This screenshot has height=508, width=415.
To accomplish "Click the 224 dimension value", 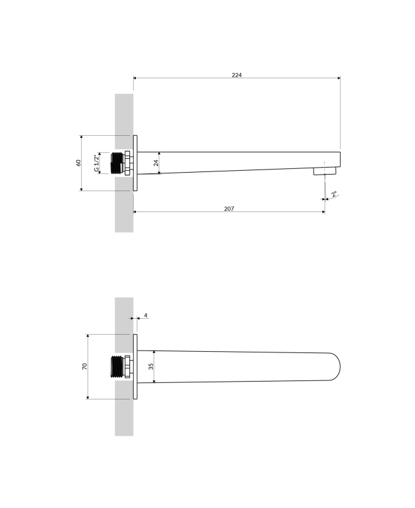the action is point(237,75).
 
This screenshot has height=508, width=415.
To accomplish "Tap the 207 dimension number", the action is point(229,209).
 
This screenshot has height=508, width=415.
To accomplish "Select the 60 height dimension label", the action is point(78,163).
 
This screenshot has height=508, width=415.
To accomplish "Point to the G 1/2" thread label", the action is point(96,163).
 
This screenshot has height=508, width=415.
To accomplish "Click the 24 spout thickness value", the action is point(155,163).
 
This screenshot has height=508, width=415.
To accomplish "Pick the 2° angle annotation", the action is point(334,194).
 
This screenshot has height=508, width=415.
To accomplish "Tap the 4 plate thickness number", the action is point(145,315).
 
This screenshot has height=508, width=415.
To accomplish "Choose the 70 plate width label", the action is point(84,366).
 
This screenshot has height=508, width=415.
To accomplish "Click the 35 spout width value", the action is point(150,366).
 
